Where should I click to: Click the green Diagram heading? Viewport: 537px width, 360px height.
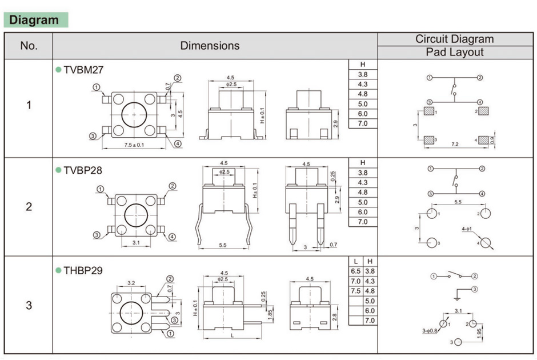[34, 20]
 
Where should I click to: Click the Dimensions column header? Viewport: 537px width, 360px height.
[210, 46]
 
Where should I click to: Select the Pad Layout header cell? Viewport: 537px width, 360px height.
[454, 52]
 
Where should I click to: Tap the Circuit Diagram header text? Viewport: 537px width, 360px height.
[454, 39]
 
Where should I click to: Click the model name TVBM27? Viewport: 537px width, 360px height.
[83, 70]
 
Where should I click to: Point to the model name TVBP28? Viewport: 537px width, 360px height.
[83, 170]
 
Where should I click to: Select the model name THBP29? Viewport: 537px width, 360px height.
[83, 270]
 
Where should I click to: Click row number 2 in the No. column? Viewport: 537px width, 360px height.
[29, 207]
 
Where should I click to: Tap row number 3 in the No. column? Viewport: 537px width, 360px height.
[29, 305]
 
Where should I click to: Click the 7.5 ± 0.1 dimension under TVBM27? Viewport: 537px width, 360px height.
[134, 145]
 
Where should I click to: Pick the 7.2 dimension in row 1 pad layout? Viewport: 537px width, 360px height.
[455, 145]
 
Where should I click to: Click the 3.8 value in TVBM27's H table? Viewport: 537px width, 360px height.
[363, 75]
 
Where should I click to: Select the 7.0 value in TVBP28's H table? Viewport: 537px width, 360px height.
[363, 222]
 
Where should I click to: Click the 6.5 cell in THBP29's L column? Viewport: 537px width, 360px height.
[355, 271]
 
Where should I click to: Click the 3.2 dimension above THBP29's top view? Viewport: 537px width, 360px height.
[131, 283]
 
